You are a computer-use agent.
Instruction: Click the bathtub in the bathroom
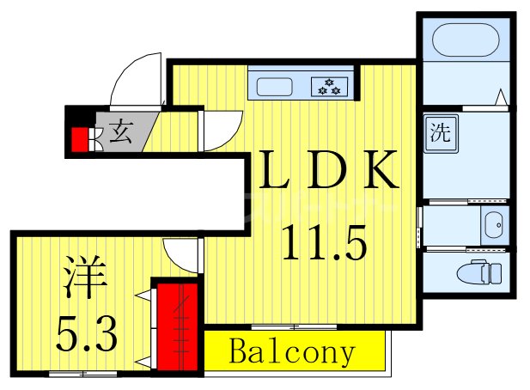[464, 41]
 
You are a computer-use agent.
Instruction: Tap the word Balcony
[292, 352]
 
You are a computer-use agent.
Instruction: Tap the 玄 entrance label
[119, 133]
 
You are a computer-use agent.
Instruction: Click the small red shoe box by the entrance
[81, 139]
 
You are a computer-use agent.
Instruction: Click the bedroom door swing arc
[181, 254]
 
